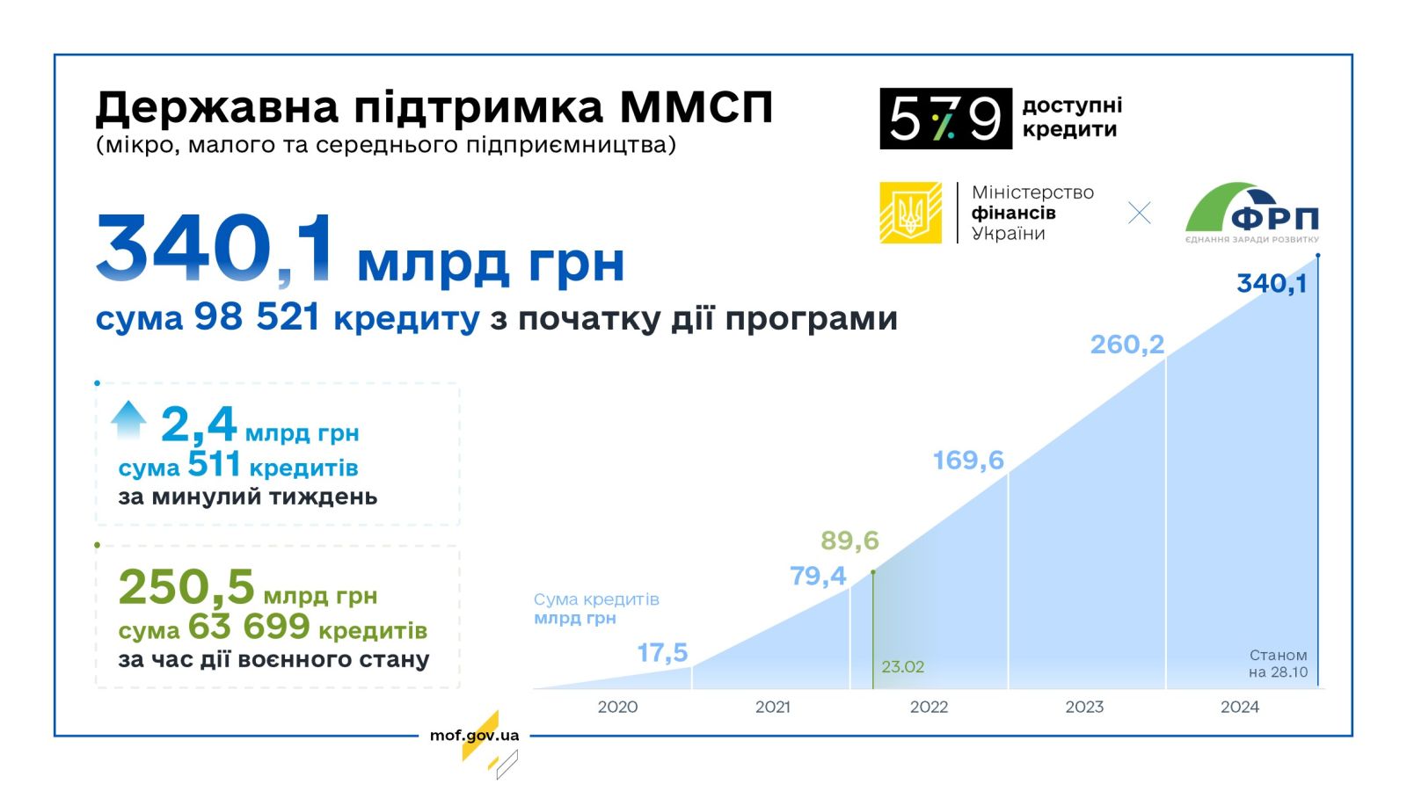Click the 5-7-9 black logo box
tap(946, 119)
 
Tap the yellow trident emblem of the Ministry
tap(910, 213)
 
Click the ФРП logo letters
tap(1274, 219)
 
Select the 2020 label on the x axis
tap(617, 708)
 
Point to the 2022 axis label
tap(929, 708)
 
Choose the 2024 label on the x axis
tap(1240, 708)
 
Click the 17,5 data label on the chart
tap(663, 654)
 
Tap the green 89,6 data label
tap(849, 541)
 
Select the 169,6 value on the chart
tap(968, 461)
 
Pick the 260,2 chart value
tap(1127, 345)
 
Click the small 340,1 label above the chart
tap(1272, 284)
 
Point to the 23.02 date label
tap(902, 667)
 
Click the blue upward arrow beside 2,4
tap(128, 419)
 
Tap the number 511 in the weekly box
tap(215, 465)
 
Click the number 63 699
tap(250, 627)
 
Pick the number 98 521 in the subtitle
tap(258, 316)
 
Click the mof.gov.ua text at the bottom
tap(474, 736)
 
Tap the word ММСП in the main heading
tap(696, 107)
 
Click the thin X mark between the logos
tap(1140, 213)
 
